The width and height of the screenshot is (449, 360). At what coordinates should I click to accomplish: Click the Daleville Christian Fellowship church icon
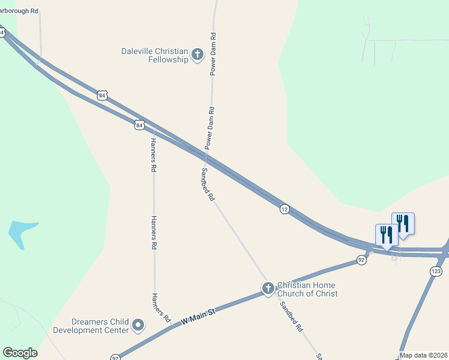pyautogui.click(x=197, y=56)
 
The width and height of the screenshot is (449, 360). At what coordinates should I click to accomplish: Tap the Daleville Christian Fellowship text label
pyautogui.click(x=155, y=56)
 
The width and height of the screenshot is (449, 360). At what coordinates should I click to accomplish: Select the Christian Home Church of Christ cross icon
pyautogui.click(x=268, y=289)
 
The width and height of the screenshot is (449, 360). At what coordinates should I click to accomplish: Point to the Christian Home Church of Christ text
pyautogui.click(x=307, y=289)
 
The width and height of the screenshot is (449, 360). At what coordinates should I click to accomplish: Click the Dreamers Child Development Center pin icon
pyautogui.click(x=139, y=326)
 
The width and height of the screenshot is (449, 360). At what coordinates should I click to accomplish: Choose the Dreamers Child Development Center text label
pyautogui.click(x=91, y=326)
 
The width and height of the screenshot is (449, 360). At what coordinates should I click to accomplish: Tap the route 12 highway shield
pyautogui.click(x=285, y=209)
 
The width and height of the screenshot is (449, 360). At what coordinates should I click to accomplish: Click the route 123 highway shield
pyautogui.click(x=436, y=271)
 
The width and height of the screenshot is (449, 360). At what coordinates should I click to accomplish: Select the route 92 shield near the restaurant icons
pyautogui.click(x=361, y=260)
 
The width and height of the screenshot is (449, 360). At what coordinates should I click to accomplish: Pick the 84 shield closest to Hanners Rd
pyautogui.click(x=139, y=125)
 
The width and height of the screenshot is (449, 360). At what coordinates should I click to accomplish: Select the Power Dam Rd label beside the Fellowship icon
pyautogui.click(x=212, y=54)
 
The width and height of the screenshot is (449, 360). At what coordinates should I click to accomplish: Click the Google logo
pyautogui.click(x=20, y=353)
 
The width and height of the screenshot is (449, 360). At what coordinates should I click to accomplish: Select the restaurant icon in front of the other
pyautogui.click(x=387, y=235)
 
